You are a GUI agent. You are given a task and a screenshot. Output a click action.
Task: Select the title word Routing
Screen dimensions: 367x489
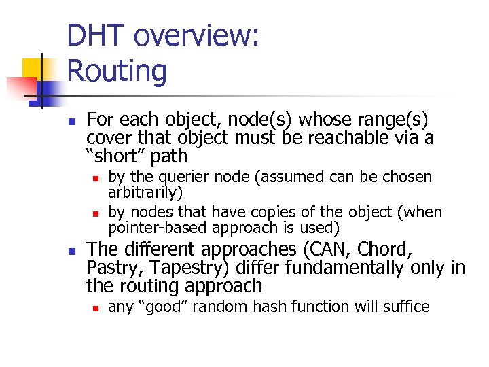117,71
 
